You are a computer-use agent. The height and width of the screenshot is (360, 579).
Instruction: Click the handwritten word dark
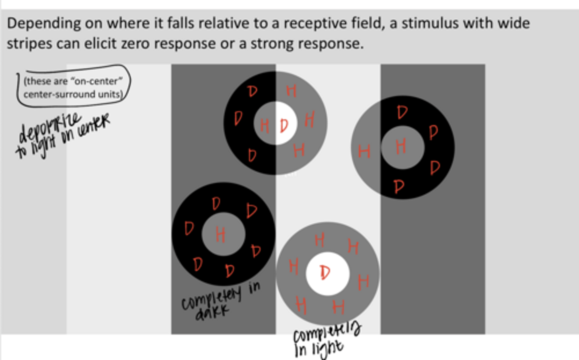212,312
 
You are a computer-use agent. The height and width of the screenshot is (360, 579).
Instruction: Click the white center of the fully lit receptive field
328,274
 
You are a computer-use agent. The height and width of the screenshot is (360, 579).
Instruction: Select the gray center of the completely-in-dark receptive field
223,234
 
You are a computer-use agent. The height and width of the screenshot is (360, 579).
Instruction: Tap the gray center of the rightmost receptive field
402,147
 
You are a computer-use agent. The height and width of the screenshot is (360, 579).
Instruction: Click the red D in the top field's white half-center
284,125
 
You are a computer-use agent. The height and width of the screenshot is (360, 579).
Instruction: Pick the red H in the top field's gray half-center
265,125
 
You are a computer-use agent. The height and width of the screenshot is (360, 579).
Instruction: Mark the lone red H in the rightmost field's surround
364,152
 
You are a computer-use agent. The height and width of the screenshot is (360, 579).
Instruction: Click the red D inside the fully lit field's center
325,273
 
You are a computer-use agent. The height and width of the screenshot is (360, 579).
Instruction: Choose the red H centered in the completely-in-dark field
220,234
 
